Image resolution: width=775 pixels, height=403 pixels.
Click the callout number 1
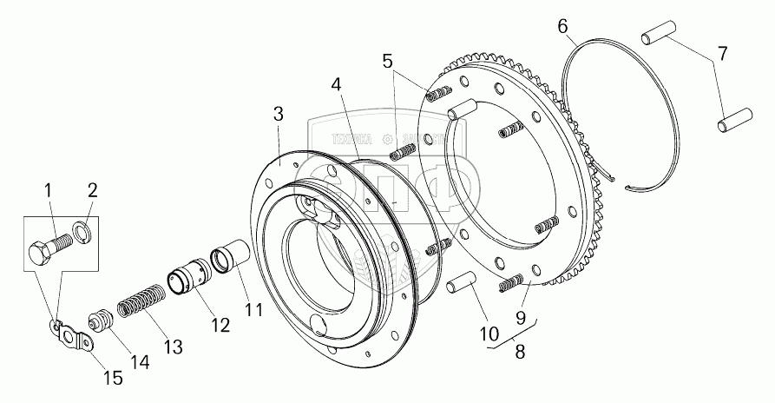pos(49,189)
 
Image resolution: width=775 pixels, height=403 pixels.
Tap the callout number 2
pos(92,190)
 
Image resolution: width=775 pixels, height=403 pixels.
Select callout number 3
pos(278,115)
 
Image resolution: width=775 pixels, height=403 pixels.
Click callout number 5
pos(387,62)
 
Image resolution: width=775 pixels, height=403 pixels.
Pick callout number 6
pos(563,28)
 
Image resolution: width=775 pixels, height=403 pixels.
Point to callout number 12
pos(219,326)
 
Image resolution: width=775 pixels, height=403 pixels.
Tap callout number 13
pos(174,347)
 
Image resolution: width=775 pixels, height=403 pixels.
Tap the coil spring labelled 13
pos(139,307)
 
